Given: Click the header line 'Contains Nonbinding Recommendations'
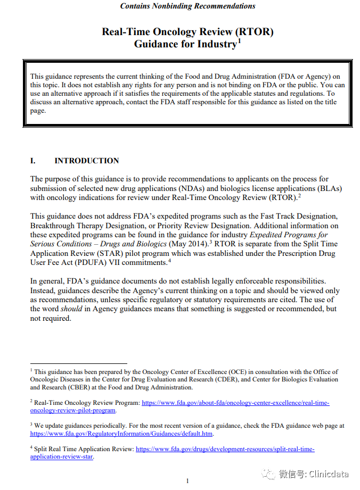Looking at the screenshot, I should point(187,6).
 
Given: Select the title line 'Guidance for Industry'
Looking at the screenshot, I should point(185,44).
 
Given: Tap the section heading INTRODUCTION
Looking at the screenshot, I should point(87,161).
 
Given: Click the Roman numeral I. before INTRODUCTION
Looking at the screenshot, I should point(33,161).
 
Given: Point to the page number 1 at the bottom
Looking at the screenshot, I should point(187,481).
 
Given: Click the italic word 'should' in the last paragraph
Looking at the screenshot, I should point(71,309).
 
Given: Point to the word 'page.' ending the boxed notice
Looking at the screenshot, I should point(38,111).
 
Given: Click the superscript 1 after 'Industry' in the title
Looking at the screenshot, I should point(239,40).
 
